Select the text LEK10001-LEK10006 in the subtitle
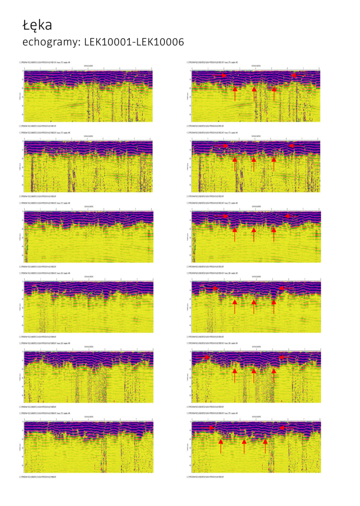coord(134,42)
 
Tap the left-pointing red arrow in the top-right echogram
coord(294,75)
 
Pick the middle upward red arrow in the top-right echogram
coord(254,93)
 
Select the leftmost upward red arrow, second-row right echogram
coord(235,164)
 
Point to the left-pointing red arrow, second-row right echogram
coord(291,146)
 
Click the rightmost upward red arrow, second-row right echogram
coord(274,164)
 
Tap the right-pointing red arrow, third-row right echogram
coord(225,216)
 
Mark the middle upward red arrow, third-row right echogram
coord(254,234)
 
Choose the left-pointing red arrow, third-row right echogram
coord(287,216)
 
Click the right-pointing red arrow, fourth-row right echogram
coord(215,288)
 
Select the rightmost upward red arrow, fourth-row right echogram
coord(274,305)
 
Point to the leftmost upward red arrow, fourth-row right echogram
coord(235,305)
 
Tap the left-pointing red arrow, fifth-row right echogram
coord(281,357)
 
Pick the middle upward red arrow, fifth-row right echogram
coord(254,374)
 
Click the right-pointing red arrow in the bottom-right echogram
coord(211,427)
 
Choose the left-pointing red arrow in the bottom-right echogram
coord(282,427)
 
